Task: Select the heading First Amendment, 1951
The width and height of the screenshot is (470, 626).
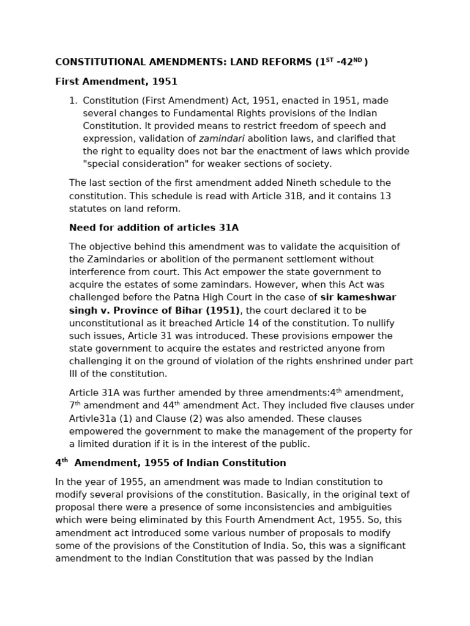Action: pos(116,81)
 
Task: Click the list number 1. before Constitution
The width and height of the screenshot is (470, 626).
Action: pos(73,101)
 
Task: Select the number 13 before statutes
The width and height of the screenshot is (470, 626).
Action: pos(385,196)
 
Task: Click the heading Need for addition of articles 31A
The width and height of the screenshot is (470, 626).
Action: pos(154,228)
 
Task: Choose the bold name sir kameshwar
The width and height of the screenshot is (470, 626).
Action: pos(358,298)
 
